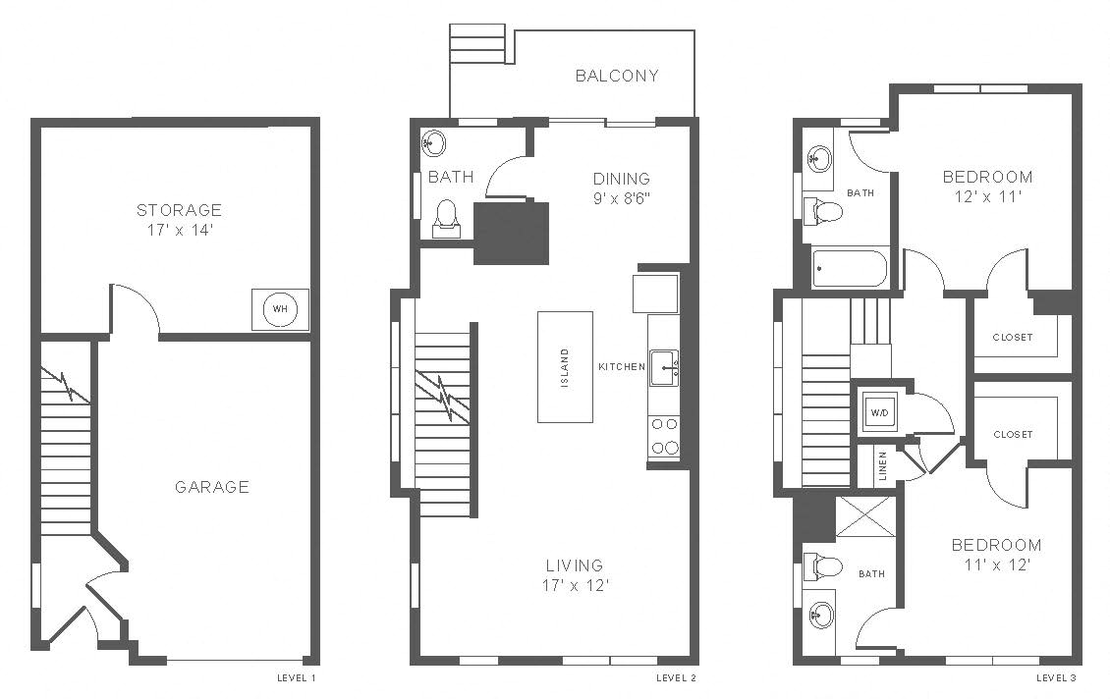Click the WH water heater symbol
click(280, 309)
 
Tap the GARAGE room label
click(211, 487)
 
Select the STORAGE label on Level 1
click(179, 210)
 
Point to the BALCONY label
click(617, 76)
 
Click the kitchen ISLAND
click(565, 367)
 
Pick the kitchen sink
click(664, 368)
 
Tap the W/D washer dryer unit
click(879, 411)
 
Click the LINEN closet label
click(883, 466)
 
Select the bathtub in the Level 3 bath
click(850, 268)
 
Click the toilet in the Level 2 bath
click(446, 219)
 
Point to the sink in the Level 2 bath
click(433, 143)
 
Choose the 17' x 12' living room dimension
click(576, 586)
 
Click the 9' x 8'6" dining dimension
click(622, 198)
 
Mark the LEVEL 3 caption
click(1056, 677)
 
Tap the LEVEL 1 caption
click(296, 677)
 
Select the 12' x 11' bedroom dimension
click(987, 196)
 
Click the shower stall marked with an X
click(865, 517)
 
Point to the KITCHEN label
click(622, 366)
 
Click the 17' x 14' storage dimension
click(181, 230)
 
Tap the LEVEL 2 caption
click(676, 677)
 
